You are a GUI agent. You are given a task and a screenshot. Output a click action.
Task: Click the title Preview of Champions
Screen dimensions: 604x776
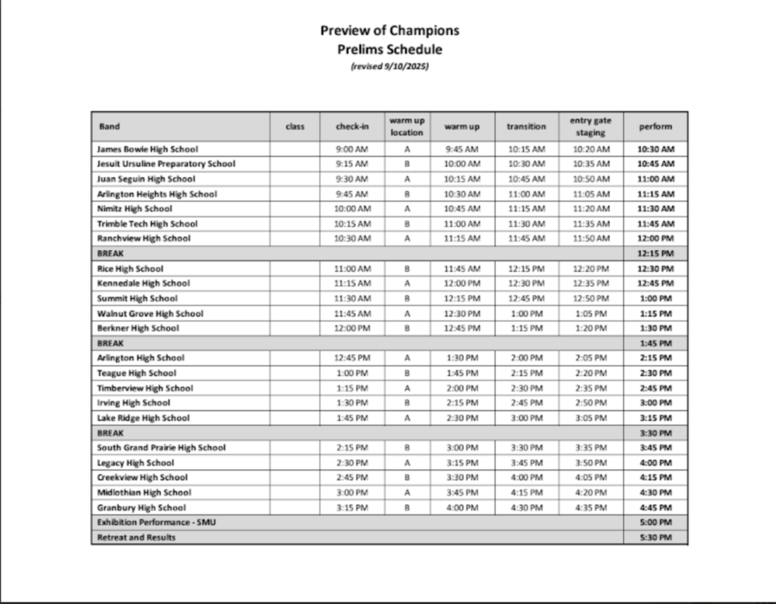pos(390,30)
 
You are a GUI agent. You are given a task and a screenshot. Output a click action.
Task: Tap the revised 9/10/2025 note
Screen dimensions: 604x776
pos(390,66)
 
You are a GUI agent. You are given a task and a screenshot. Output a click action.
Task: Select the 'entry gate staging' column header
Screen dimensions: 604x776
pos(591,127)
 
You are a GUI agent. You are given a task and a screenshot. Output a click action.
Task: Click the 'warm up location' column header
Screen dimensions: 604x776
pos(407,127)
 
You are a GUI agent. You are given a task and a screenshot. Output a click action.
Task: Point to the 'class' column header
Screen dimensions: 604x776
pos(295,127)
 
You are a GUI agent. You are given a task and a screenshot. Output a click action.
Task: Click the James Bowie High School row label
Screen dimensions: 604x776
pos(147,149)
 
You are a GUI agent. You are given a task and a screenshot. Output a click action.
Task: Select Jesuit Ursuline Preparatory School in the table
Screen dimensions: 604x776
pos(166,164)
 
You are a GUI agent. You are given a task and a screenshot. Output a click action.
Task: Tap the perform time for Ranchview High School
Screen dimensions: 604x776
pos(656,238)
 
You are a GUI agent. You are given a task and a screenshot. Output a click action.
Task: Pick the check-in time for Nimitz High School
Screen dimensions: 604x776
pos(352,209)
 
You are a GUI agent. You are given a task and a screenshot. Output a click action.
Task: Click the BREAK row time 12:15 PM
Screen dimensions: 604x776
pos(656,253)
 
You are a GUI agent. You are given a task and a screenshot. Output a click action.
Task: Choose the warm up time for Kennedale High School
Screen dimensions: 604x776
pos(462,283)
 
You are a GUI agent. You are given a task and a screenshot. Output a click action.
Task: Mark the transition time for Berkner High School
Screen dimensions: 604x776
pos(526,328)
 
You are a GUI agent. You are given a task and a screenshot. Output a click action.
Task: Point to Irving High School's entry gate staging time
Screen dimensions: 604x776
pos(591,403)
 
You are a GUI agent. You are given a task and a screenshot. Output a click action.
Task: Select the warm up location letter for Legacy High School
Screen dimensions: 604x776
pos(407,463)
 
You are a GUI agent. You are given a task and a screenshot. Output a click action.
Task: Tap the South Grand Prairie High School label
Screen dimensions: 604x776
pos(161,448)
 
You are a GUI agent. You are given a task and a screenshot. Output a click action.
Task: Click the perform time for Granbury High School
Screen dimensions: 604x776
pos(656,508)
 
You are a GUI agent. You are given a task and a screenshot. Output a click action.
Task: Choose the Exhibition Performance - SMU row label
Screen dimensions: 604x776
pos(156,522)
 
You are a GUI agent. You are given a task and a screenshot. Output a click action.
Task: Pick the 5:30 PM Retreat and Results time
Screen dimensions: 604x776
pos(656,537)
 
